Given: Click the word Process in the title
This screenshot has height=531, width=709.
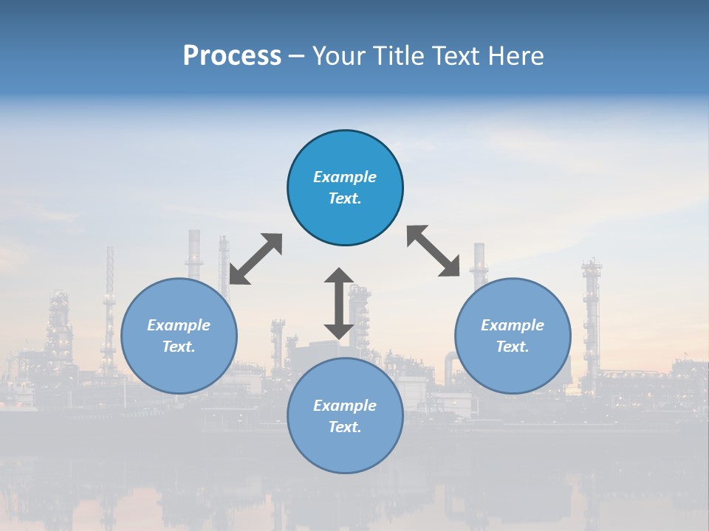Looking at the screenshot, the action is pos(232,56).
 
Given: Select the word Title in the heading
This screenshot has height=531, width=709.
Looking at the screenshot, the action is pos(400,56).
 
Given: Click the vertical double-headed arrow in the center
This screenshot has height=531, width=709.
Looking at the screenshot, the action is pos(339,303).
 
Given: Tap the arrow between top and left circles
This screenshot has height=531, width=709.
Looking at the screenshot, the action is pos(256,259).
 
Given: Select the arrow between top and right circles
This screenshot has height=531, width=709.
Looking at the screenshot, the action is pos(434,251).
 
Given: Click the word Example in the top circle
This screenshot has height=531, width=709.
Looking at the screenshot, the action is pos(345,177).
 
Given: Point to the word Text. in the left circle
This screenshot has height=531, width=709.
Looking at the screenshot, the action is pos(179,347).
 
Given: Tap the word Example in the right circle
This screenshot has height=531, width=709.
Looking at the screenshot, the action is pos(513,325).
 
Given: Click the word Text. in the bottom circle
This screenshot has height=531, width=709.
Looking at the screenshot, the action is pos(345,427).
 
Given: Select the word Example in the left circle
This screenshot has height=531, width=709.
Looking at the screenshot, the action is pos(179,325).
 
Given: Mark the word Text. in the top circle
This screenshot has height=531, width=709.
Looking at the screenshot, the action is pos(345,198).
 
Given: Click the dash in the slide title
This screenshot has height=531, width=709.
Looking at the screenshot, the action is pos(296,56).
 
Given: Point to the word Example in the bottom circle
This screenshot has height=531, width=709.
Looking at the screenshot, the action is pos(345,406).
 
